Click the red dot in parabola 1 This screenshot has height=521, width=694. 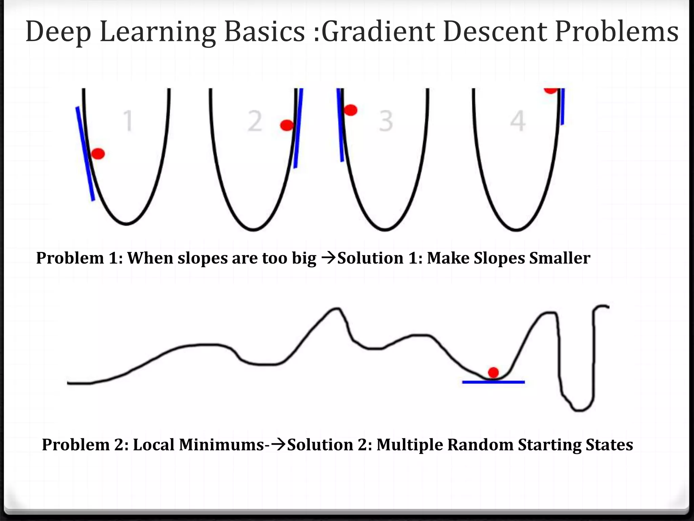click(x=98, y=154)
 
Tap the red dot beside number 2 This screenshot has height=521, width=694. click(x=287, y=125)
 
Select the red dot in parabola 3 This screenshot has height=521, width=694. click(x=350, y=110)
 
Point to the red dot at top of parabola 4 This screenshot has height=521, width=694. click(x=551, y=90)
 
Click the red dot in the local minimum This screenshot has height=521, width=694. click(x=493, y=372)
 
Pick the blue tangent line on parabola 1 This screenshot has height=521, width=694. click(x=85, y=153)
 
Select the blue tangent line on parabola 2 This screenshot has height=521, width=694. click(x=298, y=129)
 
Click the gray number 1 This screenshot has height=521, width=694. click(x=128, y=121)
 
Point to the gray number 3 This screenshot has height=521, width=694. click(x=386, y=121)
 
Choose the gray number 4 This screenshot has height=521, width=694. click(x=518, y=121)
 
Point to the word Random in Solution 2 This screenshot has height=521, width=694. click(x=480, y=444)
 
